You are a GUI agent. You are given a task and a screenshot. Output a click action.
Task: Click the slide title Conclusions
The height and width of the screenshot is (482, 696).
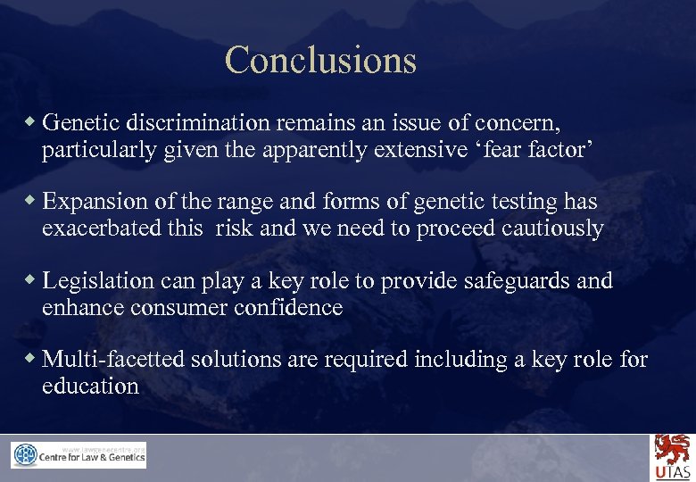click(x=320, y=60)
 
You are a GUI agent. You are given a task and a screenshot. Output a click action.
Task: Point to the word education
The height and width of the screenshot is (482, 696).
click(x=90, y=386)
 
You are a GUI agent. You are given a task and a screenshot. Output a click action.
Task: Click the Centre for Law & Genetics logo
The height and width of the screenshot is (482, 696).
click(x=79, y=455)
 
